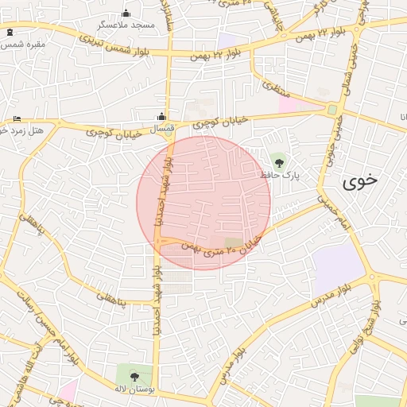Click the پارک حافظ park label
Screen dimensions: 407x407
point(281,175)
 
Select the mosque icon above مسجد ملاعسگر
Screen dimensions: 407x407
point(126,13)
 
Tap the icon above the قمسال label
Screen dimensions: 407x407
point(162,116)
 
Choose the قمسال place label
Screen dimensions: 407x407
point(161,127)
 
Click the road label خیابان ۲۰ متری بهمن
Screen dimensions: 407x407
point(223,247)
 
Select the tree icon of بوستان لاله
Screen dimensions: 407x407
point(133,375)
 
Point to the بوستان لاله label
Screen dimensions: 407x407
point(133,388)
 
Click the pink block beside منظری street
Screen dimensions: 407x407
point(298,104)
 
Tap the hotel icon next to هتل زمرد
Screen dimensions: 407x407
point(17,119)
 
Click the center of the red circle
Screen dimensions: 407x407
point(203,203)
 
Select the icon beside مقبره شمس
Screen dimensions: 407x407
point(10,33)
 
